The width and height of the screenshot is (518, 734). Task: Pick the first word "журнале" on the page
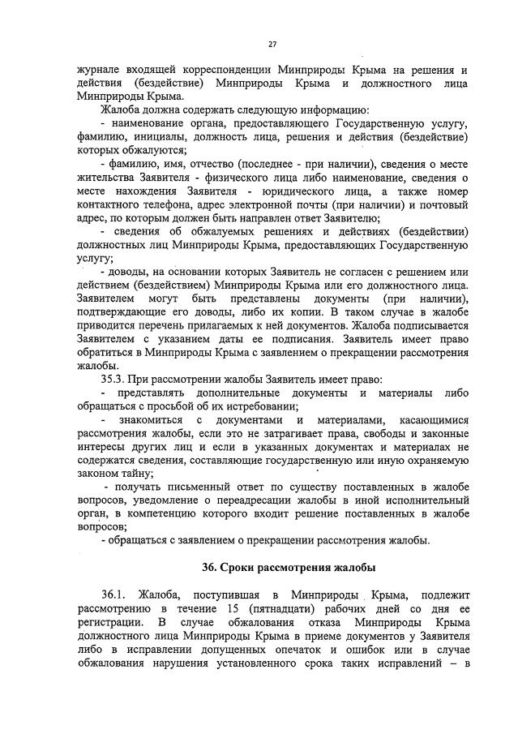pyautogui.click(x=101, y=70)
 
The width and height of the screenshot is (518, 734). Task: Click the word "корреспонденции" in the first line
pyautogui.click(x=222, y=70)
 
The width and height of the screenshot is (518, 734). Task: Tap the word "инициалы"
pyautogui.click(x=157, y=137)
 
